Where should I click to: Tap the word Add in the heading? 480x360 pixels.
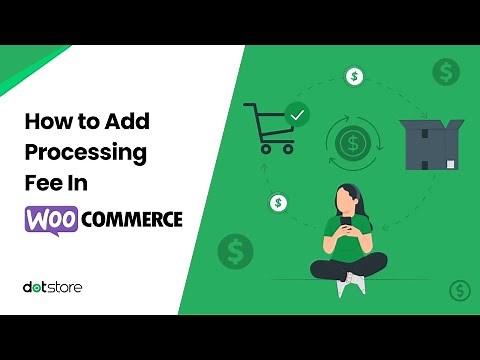128,122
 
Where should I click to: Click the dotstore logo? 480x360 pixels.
52,287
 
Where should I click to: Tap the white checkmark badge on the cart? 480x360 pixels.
296,116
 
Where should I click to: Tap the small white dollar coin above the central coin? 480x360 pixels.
353,76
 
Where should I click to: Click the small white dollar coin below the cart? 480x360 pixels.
278,203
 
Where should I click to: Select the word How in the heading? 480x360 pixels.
44,122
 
